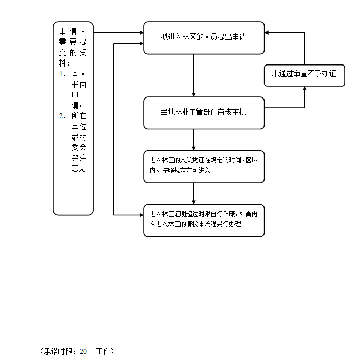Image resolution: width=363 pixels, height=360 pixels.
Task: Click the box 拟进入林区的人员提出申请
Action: (204, 38)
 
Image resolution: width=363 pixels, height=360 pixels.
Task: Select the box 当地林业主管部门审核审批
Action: (204, 113)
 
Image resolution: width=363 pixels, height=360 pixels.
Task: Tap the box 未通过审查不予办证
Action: (304, 74)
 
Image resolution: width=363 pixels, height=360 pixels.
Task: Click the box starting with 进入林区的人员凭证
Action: (204, 166)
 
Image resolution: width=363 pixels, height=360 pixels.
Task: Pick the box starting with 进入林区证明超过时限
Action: (204, 220)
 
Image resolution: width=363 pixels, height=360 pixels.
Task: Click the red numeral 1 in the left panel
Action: (61, 74)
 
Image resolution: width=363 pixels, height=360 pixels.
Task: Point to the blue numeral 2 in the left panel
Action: (61, 116)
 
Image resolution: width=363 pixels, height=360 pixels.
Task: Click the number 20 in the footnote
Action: (84, 351)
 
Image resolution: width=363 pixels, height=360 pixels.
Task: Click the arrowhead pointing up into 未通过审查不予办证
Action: (305, 89)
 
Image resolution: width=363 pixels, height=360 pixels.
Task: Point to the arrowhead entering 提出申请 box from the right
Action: (268, 32)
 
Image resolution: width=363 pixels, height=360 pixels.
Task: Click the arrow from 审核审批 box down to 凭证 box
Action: (194, 140)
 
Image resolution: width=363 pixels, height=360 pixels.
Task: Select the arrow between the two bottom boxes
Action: (194, 193)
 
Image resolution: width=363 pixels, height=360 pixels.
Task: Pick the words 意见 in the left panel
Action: (79, 169)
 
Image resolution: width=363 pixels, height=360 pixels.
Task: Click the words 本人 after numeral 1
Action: (79, 74)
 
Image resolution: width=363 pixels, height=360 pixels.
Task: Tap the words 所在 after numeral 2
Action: (79, 116)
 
